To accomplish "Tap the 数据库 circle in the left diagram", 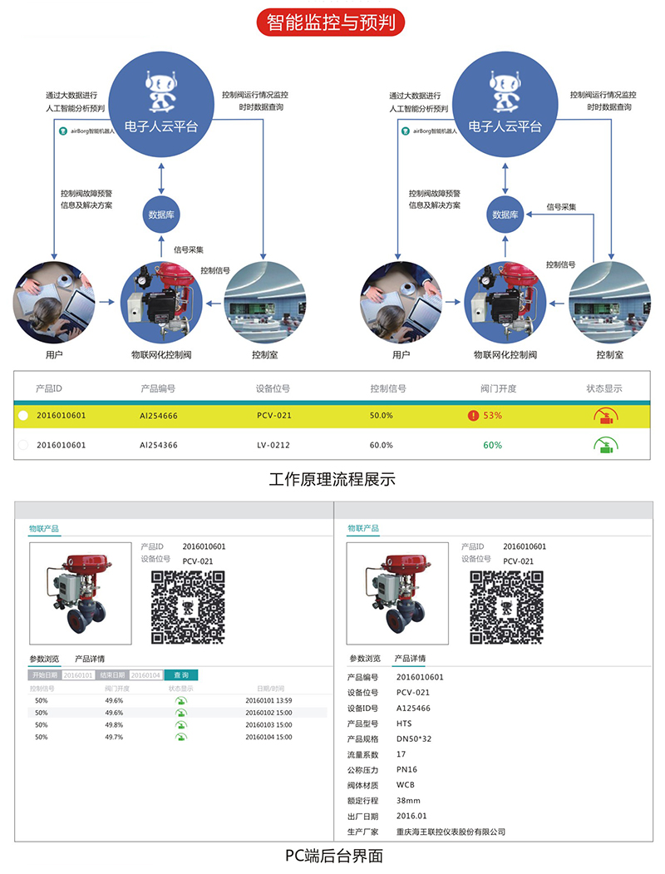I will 160,214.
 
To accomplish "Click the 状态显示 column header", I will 604,388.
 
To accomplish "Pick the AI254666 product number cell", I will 159,415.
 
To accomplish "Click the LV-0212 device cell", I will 273,445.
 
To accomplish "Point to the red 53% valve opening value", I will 492,415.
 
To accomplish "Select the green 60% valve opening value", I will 492,445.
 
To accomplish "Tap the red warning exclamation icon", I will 473,415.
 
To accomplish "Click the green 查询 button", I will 180,674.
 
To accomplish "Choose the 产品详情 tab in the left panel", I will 90,659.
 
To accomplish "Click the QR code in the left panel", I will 188,606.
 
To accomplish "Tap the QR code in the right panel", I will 508,606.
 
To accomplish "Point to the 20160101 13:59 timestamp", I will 269,700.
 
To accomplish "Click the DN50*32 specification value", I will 413,739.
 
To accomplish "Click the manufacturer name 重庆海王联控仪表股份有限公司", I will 451,832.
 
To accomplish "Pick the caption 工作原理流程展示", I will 332,480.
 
